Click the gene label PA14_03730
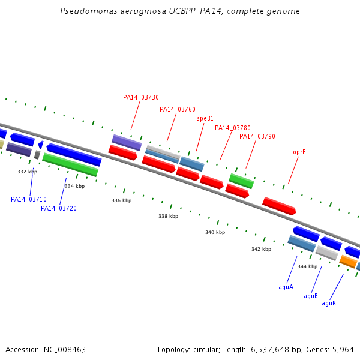[x=141, y=98]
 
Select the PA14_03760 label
[x=178, y=110]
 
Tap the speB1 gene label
[x=205, y=119]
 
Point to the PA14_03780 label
[x=233, y=128]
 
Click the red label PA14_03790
[x=257, y=136]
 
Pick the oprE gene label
[x=299, y=152]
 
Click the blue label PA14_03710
[x=29, y=199]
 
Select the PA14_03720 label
[x=59, y=208]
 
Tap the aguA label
[x=286, y=287]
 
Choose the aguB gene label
[x=311, y=296]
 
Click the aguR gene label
[x=329, y=303]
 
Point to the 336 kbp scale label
[x=121, y=200]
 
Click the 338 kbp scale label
[x=168, y=216]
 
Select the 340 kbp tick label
[x=215, y=232]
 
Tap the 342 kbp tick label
[x=261, y=249]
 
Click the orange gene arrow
[x=348, y=261]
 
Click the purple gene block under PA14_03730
[x=127, y=143]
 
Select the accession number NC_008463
[x=65, y=350]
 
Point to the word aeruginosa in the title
[x=143, y=11]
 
